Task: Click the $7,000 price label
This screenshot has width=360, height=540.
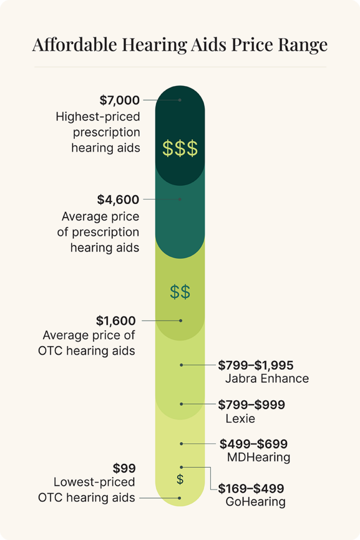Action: (120, 100)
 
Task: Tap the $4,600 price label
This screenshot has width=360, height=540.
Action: (118, 199)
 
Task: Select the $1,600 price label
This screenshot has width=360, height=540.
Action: (116, 320)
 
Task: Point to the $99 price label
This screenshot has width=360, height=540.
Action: (124, 468)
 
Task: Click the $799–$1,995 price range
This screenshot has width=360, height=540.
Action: (256, 364)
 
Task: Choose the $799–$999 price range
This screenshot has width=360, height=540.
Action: (251, 404)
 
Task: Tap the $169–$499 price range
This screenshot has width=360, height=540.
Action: (251, 488)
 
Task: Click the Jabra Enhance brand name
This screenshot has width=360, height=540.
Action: (267, 379)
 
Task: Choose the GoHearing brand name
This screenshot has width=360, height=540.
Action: (255, 502)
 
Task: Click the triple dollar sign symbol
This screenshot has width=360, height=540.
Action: (180, 149)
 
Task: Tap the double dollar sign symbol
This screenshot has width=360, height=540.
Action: (180, 292)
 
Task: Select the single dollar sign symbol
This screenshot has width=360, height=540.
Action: (180, 479)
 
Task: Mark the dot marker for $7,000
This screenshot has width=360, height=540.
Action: (180, 100)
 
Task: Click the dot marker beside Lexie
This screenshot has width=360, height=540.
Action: (181, 404)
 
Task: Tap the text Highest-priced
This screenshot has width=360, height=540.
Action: (98, 117)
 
